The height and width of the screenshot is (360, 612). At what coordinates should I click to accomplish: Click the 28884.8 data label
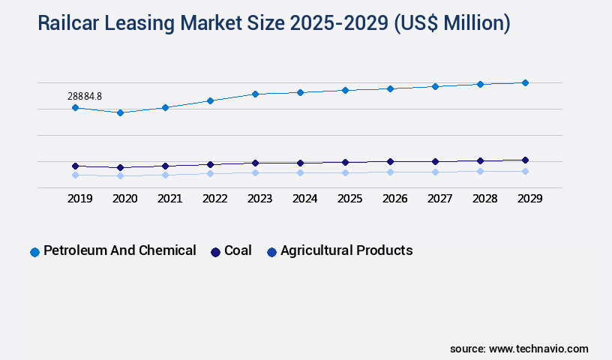click(84, 96)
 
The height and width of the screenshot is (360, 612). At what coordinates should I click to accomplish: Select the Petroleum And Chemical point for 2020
click(120, 112)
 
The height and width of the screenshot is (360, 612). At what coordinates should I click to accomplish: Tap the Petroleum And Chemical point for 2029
click(525, 82)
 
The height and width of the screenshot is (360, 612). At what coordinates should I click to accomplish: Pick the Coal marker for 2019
click(75, 166)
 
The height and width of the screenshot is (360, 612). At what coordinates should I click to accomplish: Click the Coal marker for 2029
click(525, 160)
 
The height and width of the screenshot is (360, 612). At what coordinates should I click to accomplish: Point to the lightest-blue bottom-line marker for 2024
click(300, 172)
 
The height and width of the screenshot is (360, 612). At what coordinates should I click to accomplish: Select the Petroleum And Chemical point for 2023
click(255, 94)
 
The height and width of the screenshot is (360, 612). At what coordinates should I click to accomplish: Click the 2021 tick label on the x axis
click(169, 199)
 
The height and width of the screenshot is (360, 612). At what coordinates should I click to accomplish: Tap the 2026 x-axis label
click(394, 199)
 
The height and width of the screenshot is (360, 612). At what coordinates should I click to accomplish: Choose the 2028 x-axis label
click(484, 199)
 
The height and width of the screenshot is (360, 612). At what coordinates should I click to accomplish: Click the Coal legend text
click(238, 250)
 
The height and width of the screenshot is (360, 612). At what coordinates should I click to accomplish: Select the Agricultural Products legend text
click(346, 250)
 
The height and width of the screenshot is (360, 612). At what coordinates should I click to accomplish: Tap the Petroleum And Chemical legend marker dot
click(34, 252)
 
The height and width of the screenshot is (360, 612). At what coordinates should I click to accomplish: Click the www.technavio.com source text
click(538, 349)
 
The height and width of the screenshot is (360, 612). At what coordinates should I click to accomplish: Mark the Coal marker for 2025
click(345, 162)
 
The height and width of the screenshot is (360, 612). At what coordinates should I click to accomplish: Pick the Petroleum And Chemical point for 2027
click(435, 86)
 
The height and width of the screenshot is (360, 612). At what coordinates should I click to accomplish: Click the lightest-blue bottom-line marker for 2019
click(75, 175)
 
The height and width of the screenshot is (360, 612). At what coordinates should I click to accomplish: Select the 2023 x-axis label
click(259, 199)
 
